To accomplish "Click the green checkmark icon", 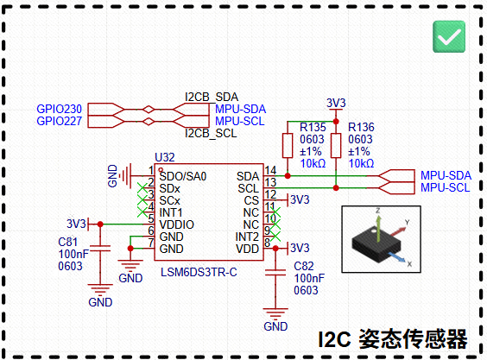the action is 449,36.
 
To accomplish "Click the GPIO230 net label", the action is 59,109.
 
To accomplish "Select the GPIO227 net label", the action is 59,121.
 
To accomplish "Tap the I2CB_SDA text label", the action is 212,98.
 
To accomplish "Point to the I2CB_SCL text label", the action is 211,133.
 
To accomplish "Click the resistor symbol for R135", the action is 288,145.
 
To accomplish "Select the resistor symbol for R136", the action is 336,145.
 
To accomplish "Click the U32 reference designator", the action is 165,157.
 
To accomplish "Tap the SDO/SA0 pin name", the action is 183,176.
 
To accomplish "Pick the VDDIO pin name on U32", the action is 176,224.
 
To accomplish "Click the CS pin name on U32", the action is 251,200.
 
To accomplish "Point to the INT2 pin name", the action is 247,237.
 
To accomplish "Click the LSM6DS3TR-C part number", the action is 199,273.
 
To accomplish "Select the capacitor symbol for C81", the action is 100,248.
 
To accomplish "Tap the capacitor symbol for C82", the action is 275,273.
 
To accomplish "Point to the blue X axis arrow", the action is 396,258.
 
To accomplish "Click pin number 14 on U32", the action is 270,170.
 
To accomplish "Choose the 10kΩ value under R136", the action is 361,163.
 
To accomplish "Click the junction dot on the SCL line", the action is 336,188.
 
